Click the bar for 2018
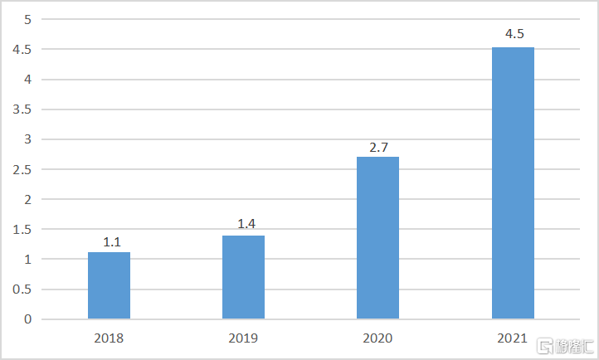tap(109, 285)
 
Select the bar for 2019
tap(243, 277)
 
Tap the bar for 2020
tap(377, 237)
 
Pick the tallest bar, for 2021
tap(513, 182)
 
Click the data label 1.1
tap(112, 242)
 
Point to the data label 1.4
tap(246, 224)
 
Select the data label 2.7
tap(378, 148)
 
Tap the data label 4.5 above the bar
tap(514, 34)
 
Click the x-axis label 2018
tap(109, 338)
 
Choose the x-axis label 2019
tap(243, 338)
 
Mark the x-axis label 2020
tap(377, 338)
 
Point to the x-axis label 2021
tap(512, 338)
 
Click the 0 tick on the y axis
tap(28, 319)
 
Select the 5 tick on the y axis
tap(28, 19)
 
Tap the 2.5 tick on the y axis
tap(22, 169)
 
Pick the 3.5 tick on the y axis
tap(22, 109)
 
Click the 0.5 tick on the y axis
tap(22, 289)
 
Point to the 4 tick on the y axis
tap(28, 80)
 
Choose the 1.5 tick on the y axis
tap(22, 230)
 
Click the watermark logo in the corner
tap(565, 346)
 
